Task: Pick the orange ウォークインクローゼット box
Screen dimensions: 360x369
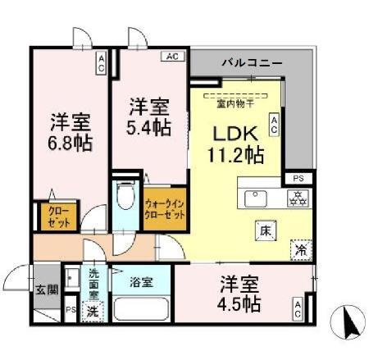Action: (164, 208)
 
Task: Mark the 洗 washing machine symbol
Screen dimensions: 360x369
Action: (93, 312)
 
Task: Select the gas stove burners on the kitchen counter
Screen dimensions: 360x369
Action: (295, 198)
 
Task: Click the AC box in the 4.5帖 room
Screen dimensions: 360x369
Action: (297, 310)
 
